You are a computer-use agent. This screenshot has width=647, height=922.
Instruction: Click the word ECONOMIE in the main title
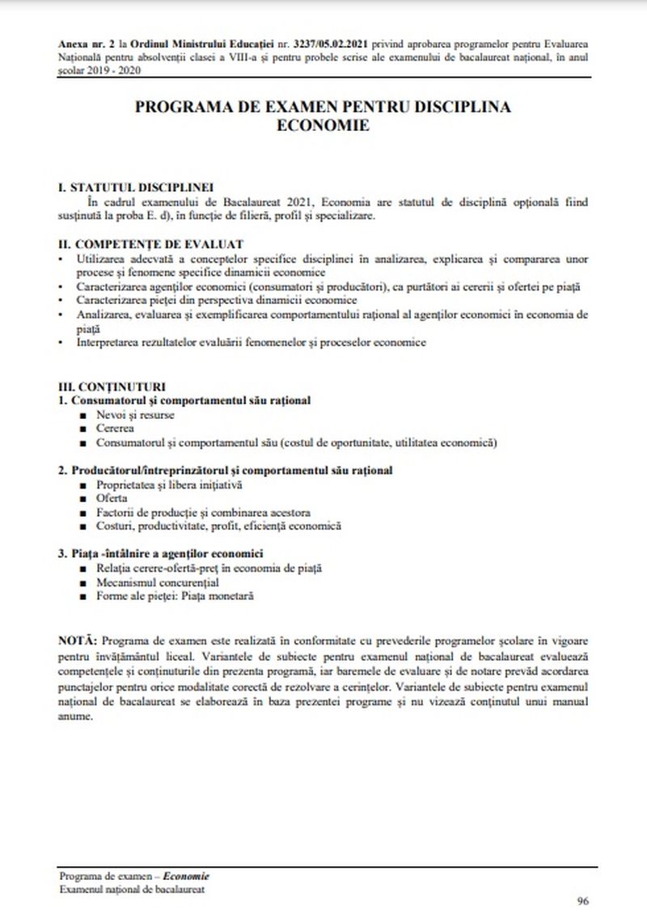323,125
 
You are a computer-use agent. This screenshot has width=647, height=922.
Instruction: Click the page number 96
582,901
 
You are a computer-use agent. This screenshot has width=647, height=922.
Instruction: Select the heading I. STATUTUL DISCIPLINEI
136,187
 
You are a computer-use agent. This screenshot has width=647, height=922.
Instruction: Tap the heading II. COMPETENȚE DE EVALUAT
151,243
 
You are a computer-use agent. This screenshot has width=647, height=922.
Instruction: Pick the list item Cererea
115,429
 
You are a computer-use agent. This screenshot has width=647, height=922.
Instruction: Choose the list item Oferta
112,498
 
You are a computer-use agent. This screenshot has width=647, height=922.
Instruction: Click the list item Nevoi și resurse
134,415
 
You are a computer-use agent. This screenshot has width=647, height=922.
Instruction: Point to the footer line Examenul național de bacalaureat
131,888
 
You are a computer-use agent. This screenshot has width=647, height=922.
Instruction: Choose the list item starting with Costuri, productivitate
218,527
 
